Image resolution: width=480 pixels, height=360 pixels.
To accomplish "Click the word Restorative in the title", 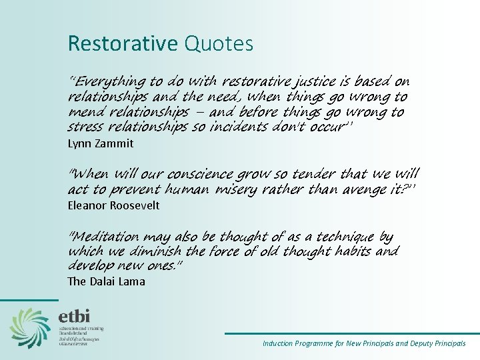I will (x=122, y=44).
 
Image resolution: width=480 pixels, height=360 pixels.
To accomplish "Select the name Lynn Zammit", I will (x=101, y=143).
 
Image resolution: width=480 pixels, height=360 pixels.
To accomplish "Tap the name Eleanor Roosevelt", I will (x=113, y=205).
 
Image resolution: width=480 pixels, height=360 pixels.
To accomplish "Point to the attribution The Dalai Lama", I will (x=106, y=281).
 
